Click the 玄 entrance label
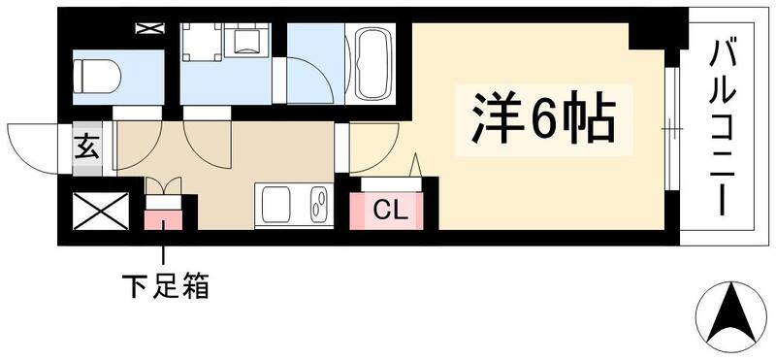point(85,149)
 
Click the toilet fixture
point(97,73)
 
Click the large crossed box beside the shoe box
point(101,211)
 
